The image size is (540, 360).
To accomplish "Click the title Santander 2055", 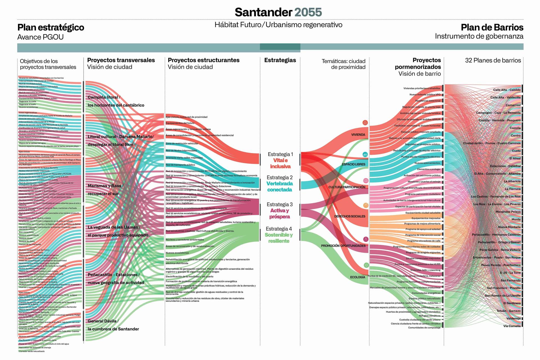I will tap(278, 12).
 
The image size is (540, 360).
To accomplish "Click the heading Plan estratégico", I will tap(51, 27).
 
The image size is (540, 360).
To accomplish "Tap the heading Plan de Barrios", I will tap(492, 27).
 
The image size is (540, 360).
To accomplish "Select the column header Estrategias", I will tap(280, 60).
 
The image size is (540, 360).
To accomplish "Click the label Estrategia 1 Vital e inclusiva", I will tap(280, 160).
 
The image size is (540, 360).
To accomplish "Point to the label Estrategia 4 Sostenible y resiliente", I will tap(279, 235).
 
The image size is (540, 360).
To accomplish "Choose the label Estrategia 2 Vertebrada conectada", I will tap(280, 184).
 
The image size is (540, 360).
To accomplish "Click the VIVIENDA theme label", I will tap(358, 135).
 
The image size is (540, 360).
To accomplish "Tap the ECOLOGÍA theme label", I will tap(357, 277).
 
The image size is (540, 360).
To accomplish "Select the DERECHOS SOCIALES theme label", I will tap(350, 216).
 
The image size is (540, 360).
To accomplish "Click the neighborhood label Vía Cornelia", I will tap(512, 326).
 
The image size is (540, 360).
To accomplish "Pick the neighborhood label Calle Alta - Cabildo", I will tap(507, 90).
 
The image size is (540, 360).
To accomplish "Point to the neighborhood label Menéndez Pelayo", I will tap(508, 212).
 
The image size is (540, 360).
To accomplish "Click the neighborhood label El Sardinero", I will tap(512, 303).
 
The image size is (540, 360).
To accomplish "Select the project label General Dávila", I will tap(103, 321).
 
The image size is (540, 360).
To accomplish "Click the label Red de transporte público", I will tap(180, 165).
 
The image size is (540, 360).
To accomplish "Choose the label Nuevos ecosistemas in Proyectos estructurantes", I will tap(177, 253).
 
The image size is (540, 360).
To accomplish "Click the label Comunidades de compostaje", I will tap(424, 328).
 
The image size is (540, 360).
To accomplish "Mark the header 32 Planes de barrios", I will tap(493, 60).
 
